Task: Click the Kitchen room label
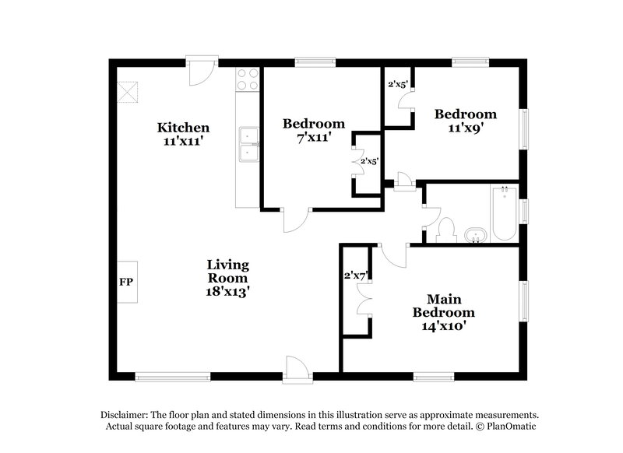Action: coord(183,127)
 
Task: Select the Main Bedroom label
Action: coord(444,306)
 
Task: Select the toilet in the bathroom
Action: coord(445,229)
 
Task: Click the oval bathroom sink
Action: coord(473,234)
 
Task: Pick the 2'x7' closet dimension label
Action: coord(355,275)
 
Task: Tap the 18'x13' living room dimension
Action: coord(227,292)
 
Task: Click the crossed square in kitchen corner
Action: coord(128,92)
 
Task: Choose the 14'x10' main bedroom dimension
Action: coord(444,326)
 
